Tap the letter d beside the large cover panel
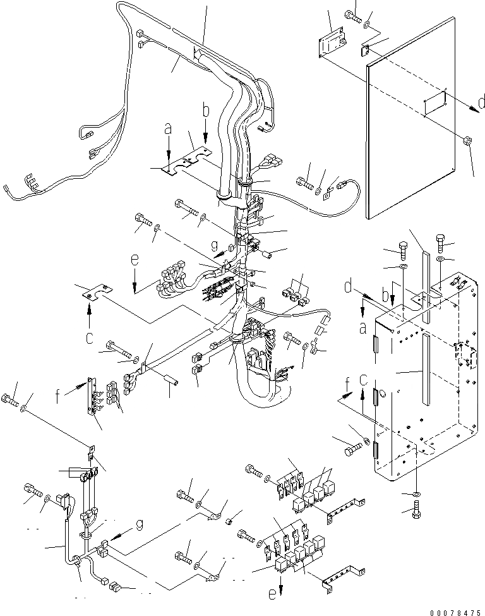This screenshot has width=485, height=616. [x=481, y=103]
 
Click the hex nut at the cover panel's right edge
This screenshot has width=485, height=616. [x=468, y=141]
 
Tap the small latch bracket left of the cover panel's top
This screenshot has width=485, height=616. [x=331, y=42]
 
